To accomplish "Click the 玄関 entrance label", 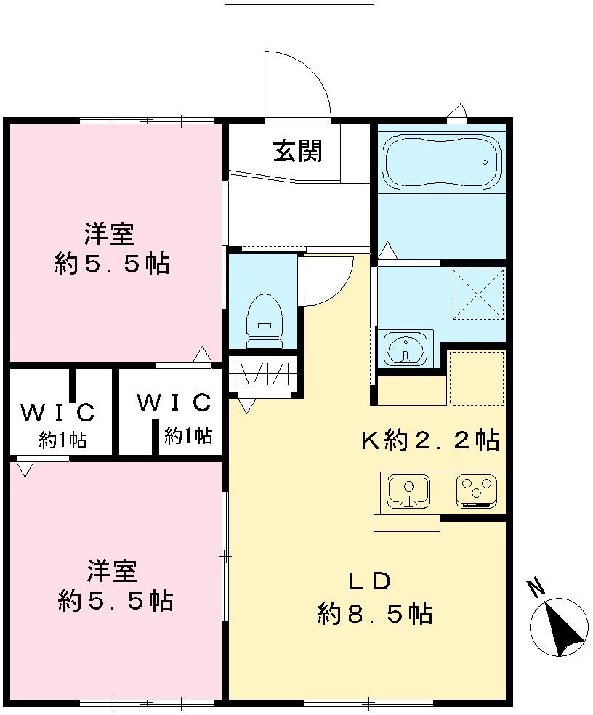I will coord(297,151).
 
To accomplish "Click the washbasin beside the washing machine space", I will coord(405,349).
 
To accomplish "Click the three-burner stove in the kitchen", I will coord(476,490).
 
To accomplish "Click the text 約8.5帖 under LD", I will coord(374,614).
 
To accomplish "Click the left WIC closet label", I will coord(57,413).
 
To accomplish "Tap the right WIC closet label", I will coord(174,402).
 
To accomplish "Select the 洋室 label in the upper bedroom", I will coord(108,235).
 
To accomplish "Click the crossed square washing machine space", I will coord(477,294).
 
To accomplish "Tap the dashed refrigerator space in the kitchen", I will coord(477,378).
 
